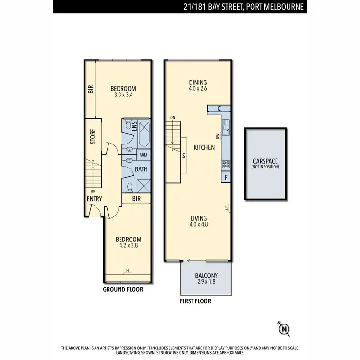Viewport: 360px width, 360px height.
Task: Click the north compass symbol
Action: [284, 329]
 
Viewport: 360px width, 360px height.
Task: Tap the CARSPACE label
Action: [265, 162]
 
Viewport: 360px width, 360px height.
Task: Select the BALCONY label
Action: [206, 276]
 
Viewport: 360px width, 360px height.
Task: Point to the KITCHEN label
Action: [204, 147]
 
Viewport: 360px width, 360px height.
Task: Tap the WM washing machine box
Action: [144, 155]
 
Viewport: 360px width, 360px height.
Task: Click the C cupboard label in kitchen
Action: [219, 109]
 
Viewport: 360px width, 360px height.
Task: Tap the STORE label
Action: [93, 136]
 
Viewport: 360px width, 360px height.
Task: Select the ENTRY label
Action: [94, 199]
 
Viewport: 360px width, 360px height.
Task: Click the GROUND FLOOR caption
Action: [123, 289]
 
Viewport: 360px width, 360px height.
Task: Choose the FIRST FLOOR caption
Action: [195, 301]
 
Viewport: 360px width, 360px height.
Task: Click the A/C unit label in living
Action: [227, 208]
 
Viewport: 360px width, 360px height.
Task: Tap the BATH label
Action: [141, 169]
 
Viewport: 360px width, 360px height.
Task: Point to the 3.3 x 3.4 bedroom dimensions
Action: [123, 95]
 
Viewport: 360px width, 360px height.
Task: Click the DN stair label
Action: [173, 118]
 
